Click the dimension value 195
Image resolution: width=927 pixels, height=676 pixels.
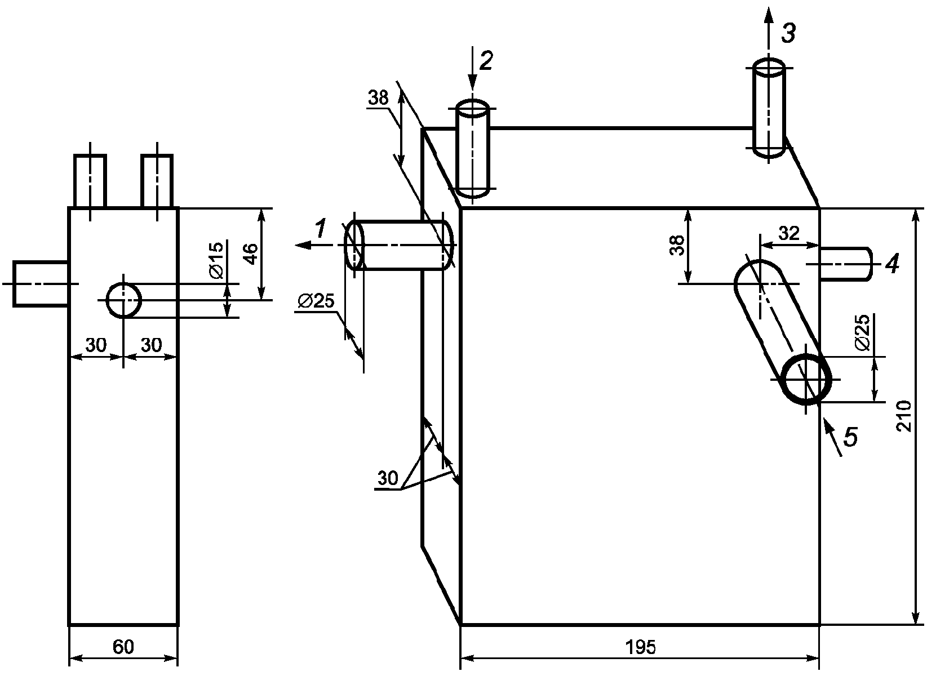[640, 647]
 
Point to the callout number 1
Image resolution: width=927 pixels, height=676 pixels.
[320, 228]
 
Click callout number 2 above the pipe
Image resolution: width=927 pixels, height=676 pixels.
[486, 60]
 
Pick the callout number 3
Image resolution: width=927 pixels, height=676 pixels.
[788, 33]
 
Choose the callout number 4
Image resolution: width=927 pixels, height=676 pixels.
[892, 263]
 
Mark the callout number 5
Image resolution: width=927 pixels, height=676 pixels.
[850, 436]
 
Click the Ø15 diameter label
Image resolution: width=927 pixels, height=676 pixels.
[216, 260]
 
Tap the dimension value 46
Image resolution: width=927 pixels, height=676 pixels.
[251, 254]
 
